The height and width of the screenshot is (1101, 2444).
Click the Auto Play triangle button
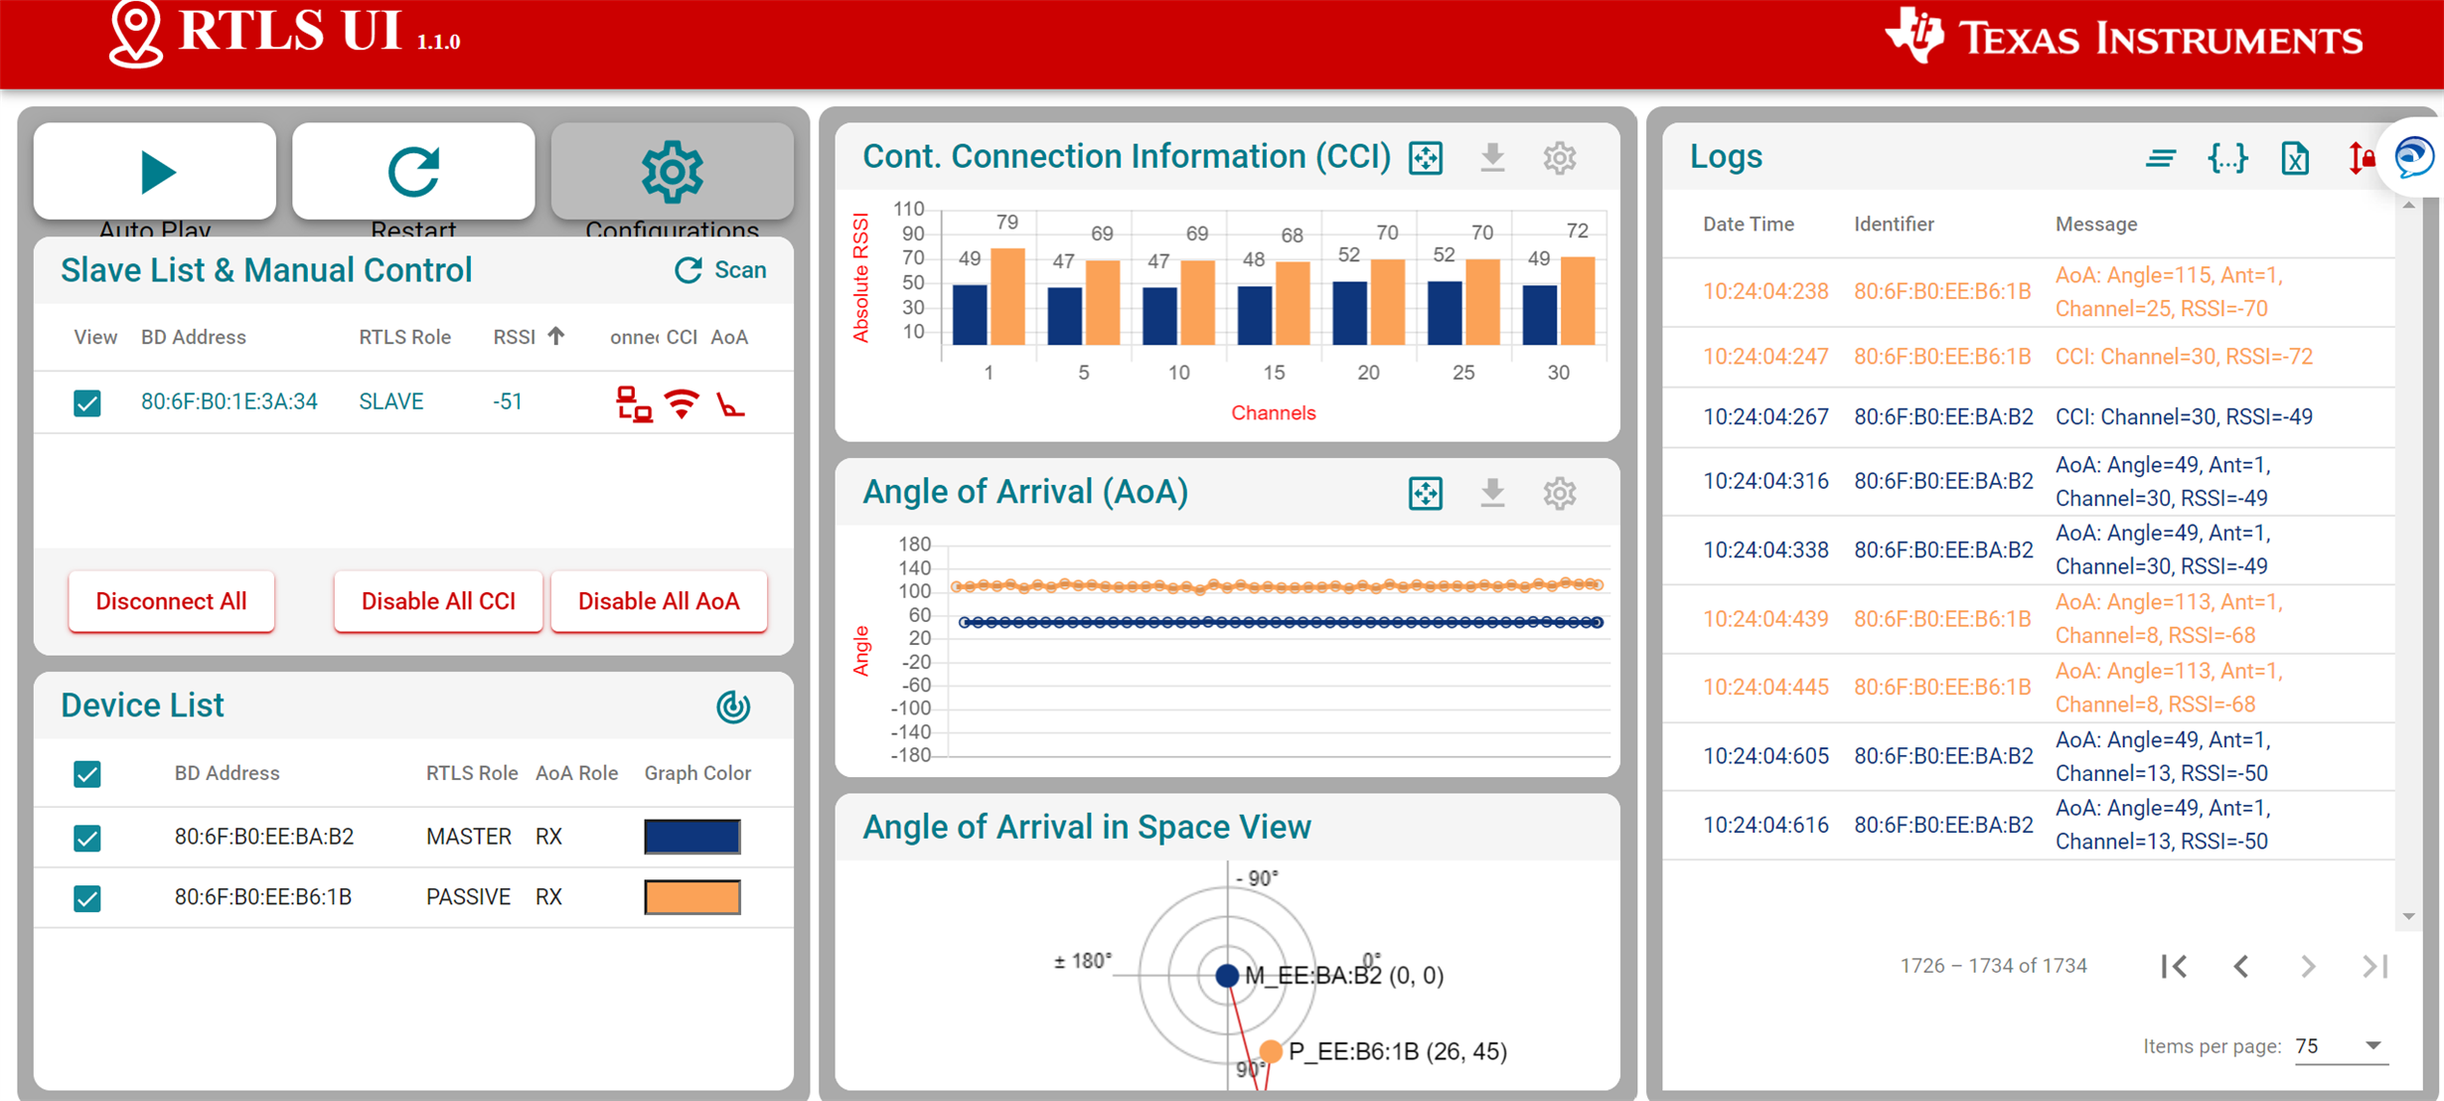[155, 172]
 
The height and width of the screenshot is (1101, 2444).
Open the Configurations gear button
[672, 172]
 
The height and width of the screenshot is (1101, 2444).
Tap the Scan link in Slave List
[721, 270]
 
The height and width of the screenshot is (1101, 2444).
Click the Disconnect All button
[171, 601]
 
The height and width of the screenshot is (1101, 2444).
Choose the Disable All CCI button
[438, 601]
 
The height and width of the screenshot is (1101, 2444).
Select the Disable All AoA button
[659, 601]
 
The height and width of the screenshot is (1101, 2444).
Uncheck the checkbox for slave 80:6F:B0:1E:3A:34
[87, 402]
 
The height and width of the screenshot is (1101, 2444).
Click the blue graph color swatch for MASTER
[691, 837]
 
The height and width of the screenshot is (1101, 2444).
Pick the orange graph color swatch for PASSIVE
[691, 897]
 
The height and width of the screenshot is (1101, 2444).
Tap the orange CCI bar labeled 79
[1007, 296]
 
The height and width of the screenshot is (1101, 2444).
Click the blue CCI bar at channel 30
[1540, 314]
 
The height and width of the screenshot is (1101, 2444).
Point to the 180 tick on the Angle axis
[914, 545]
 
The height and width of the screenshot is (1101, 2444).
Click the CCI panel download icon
[1492, 157]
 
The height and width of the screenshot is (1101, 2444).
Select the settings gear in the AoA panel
[1559, 493]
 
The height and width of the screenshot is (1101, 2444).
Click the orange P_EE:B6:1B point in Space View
[1270, 1051]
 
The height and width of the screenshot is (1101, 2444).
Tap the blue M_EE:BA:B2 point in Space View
[1227, 976]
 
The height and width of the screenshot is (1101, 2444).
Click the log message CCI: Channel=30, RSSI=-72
[2184, 357]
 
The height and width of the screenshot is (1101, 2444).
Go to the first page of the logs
[2174, 966]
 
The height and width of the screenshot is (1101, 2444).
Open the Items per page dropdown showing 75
[2340, 1046]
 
